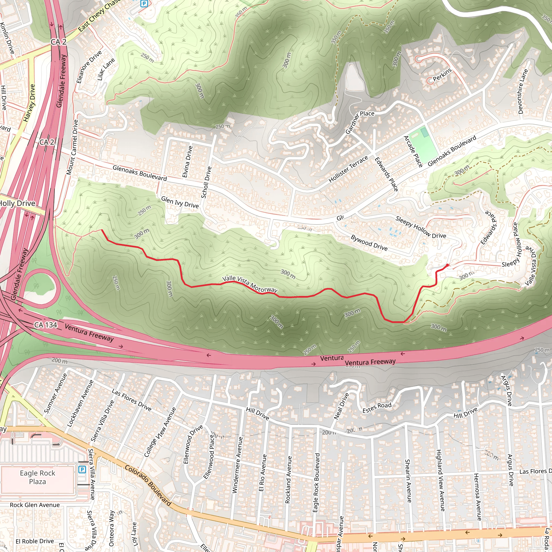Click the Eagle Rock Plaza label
(x=37, y=477)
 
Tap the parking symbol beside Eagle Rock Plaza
(x=82, y=469)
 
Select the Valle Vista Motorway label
(x=250, y=284)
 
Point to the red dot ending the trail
(x=447, y=265)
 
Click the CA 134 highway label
(x=46, y=325)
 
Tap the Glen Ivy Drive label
(x=180, y=202)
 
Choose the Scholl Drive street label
(x=206, y=182)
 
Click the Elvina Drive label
(x=187, y=162)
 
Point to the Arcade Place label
(x=413, y=151)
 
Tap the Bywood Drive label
(x=369, y=243)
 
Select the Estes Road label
(x=377, y=408)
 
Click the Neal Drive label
(x=341, y=406)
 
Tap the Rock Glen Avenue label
(x=35, y=505)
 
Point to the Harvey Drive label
(x=29, y=103)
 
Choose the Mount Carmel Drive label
(x=72, y=147)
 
